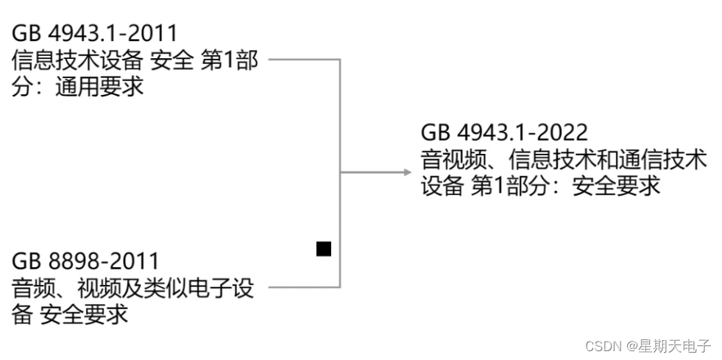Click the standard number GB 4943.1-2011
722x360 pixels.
click(x=95, y=33)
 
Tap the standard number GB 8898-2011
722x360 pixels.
click(x=85, y=261)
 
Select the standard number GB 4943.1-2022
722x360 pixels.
click(x=504, y=133)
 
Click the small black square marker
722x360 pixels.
click(x=324, y=249)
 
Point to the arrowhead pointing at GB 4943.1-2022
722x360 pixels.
click(x=406, y=172)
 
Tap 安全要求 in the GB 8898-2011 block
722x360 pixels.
click(x=84, y=314)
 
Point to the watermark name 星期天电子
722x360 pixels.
click(x=675, y=345)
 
